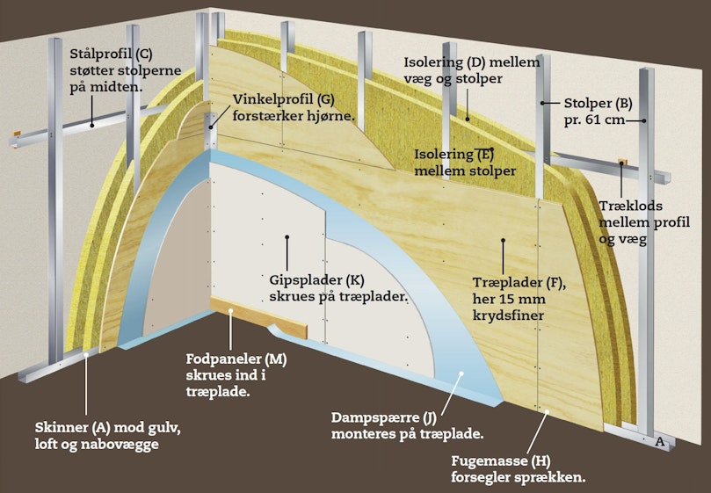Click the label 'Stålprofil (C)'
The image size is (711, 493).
pos(111,54)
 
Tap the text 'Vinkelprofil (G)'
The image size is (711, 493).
pos(283,99)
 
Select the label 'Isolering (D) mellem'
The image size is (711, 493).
pos(472,62)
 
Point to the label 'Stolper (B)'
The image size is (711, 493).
pos(599,104)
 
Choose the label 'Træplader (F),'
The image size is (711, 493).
pos(519,283)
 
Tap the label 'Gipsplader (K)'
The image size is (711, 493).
pos(316,279)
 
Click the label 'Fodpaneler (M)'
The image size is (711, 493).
pos(236,359)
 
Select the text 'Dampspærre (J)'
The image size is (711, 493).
pos(381,417)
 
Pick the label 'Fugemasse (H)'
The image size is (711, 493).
pos(501,461)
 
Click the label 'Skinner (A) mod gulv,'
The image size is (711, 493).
pos(108,428)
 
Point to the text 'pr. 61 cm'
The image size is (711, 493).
pos(594,120)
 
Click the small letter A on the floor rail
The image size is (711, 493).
pos(660,441)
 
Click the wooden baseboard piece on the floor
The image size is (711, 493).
pos(258,317)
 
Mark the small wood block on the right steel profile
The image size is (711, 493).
pos(622,162)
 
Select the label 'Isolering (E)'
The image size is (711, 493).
pos(453,154)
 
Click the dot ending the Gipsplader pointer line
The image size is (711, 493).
pos(287,236)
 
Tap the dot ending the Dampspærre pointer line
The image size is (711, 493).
pos(461,373)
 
